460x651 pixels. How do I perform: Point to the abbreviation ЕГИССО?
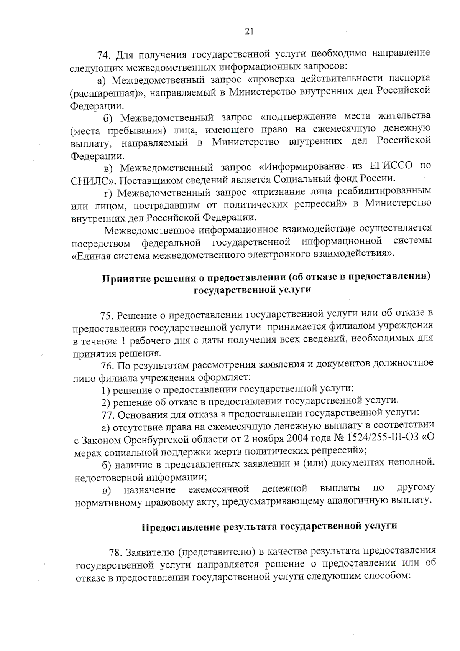pos(391,166)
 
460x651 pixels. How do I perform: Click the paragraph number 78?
pos(115,553)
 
